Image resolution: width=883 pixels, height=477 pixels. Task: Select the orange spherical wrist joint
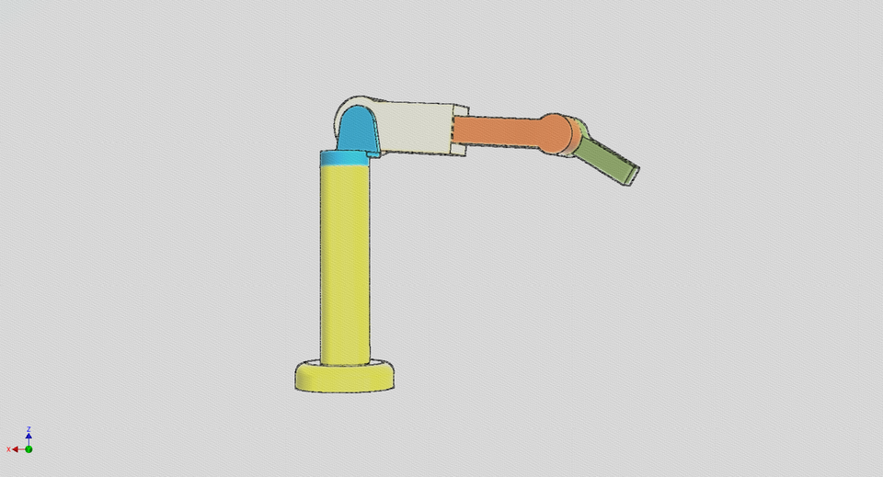[556, 133]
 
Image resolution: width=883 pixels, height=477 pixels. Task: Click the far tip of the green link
[633, 174]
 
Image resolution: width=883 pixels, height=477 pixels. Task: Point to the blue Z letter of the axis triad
[29, 429]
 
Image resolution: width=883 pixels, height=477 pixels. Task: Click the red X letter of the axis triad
[9, 449]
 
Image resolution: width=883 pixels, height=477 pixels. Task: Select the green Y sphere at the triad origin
[29, 449]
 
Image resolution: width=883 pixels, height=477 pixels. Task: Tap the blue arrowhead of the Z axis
[29, 436]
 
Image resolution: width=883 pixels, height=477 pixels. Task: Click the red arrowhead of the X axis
[17, 449]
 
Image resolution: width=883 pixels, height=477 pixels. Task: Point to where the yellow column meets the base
[345, 363]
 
